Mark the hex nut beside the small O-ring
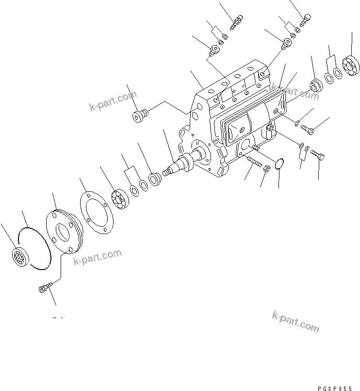[x=266, y=169]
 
